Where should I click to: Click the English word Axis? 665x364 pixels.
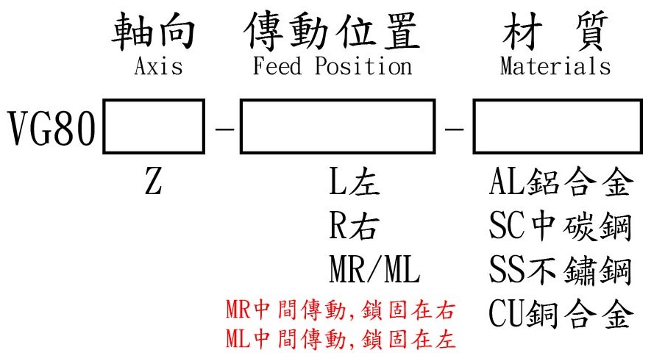click(157, 67)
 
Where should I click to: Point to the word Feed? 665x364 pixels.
click(277, 67)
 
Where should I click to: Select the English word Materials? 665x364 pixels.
click(555, 67)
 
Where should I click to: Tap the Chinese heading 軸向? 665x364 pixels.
click(154, 33)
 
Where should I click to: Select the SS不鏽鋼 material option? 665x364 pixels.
click(560, 272)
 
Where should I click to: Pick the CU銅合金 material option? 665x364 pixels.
click(560, 315)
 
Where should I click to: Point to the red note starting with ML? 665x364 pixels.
click(339, 339)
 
